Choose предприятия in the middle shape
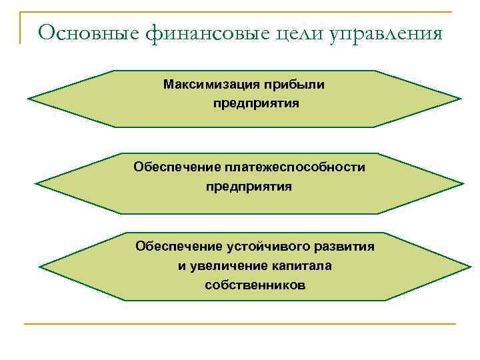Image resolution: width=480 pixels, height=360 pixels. pos(249,186)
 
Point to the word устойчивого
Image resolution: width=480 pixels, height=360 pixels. pos(265,247)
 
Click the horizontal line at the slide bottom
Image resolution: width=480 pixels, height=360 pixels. pos(240,324)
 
